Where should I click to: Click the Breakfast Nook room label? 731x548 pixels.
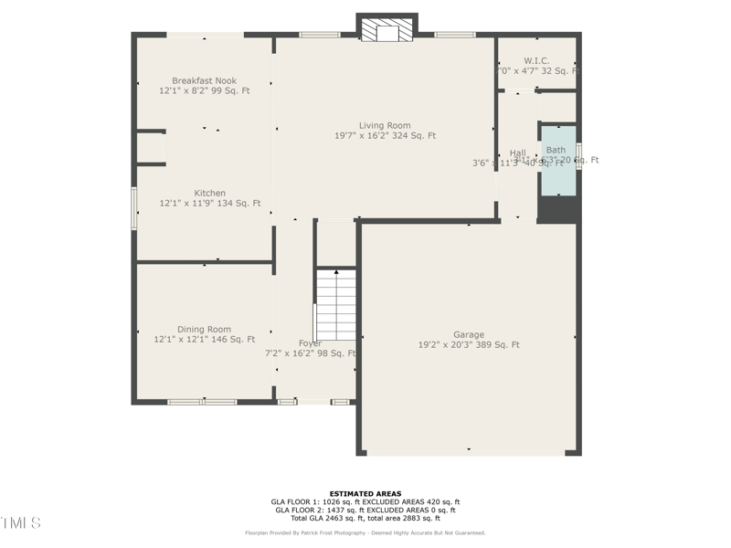click(x=204, y=80)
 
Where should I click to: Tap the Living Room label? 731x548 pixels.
click(x=384, y=125)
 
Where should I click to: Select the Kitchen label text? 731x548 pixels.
click(x=209, y=193)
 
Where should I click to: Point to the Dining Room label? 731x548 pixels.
click(x=204, y=329)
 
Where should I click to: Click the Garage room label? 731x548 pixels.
click(x=469, y=334)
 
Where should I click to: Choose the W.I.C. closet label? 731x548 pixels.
click(x=536, y=60)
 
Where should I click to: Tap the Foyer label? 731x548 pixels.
click(x=310, y=343)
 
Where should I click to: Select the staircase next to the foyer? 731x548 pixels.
click(x=335, y=305)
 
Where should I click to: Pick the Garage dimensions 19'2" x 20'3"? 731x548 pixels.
click(x=469, y=345)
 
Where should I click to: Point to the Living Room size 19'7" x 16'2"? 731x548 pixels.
click(x=384, y=136)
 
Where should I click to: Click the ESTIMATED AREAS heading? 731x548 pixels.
click(x=365, y=493)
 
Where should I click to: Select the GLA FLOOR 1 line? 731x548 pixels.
click(x=365, y=501)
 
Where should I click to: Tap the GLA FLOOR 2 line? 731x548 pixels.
click(x=365, y=510)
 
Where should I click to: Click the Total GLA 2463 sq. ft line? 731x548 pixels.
click(x=365, y=518)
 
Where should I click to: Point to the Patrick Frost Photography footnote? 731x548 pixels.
click(x=365, y=532)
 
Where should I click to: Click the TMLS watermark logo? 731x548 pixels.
click(x=20, y=522)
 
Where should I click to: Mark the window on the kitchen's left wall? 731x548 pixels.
click(x=134, y=208)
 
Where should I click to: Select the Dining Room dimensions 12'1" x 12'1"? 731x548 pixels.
click(x=204, y=340)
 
